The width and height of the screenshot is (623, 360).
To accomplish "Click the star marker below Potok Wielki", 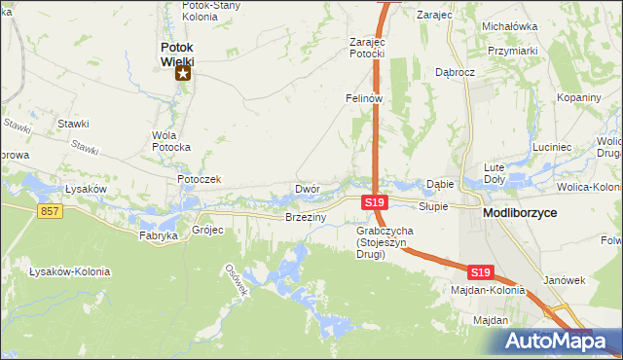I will [182, 73].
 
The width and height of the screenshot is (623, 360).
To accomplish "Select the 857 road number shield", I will [51, 211].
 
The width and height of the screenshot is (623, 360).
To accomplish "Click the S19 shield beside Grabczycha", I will [376, 202].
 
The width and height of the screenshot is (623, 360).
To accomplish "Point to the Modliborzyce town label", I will [525, 211].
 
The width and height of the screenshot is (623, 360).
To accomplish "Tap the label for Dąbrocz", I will [455, 73].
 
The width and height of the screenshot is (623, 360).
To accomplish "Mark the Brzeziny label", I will [305, 218].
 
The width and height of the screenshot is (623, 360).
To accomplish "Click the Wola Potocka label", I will [171, 141].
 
